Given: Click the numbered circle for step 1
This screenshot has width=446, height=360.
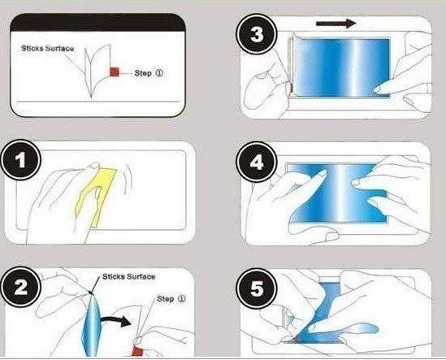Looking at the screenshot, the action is [x=21, y=160].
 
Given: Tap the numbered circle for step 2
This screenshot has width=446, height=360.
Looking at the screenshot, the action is [x=21, y=287].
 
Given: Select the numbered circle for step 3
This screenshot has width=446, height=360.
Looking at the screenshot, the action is [x=257, y=35].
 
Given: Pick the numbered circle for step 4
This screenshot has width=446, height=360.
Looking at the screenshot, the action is [x=257, y=163].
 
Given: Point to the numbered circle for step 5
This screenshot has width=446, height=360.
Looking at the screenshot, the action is [x=257, y=288].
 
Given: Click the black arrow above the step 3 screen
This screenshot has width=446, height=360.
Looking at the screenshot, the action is [x=336, y=23].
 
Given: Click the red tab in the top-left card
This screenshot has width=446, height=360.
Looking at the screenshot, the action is [x=115, y=72].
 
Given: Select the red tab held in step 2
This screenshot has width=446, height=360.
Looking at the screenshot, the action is [x=137, y=350].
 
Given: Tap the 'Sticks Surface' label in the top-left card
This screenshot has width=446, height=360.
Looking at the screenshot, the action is [x=47, y=49].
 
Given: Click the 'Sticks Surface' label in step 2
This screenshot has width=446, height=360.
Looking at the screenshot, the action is [x=129, y=276].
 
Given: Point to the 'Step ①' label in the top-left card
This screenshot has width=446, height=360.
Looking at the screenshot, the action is [x=149, y=73].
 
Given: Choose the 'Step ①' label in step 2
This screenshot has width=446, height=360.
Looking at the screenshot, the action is [x=171, y=298].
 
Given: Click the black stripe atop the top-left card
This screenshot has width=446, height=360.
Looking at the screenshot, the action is [x=97, y=23].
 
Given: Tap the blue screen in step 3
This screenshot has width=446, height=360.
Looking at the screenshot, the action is [x=341, y=67].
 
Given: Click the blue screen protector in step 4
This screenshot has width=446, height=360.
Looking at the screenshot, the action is [x=337, y=193].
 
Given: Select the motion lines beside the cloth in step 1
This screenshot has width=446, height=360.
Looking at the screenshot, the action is [x=128, y=180].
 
